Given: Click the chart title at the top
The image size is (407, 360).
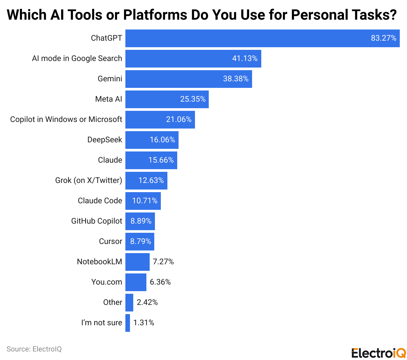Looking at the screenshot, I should click(x=202, y=15).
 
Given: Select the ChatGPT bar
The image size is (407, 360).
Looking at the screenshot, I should click(x=246, y=38).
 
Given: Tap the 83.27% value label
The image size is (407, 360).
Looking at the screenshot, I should click(x=383, y=38).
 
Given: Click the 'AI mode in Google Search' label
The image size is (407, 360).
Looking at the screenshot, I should click(x=77, y=59).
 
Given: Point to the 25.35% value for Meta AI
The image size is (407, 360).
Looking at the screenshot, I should click(x=193, y=99).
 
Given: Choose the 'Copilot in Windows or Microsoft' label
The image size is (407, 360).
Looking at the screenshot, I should click(x=66, y=120).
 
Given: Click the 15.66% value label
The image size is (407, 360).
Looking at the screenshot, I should click(x=161, y=160).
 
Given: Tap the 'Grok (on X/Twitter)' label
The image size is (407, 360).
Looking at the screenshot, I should click(x=89, y=181).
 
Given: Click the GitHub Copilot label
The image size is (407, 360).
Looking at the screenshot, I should click(x=96, y=221).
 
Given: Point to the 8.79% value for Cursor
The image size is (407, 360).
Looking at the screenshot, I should click(x=140, y=242).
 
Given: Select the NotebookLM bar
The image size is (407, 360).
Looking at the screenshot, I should click(x=137, y=262).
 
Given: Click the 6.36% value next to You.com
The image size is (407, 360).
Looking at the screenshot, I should click(x=160, y=282).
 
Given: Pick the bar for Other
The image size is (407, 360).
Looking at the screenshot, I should click(x=129, y=303).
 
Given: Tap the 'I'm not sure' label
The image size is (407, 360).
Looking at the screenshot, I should click(x=102, y=323).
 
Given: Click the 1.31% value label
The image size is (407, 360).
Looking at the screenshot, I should click(x=144, y=323).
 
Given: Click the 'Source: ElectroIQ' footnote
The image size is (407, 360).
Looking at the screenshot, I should click(x=34, y=349).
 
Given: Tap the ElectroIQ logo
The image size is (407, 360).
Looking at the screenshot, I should click(x=378, y=353).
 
